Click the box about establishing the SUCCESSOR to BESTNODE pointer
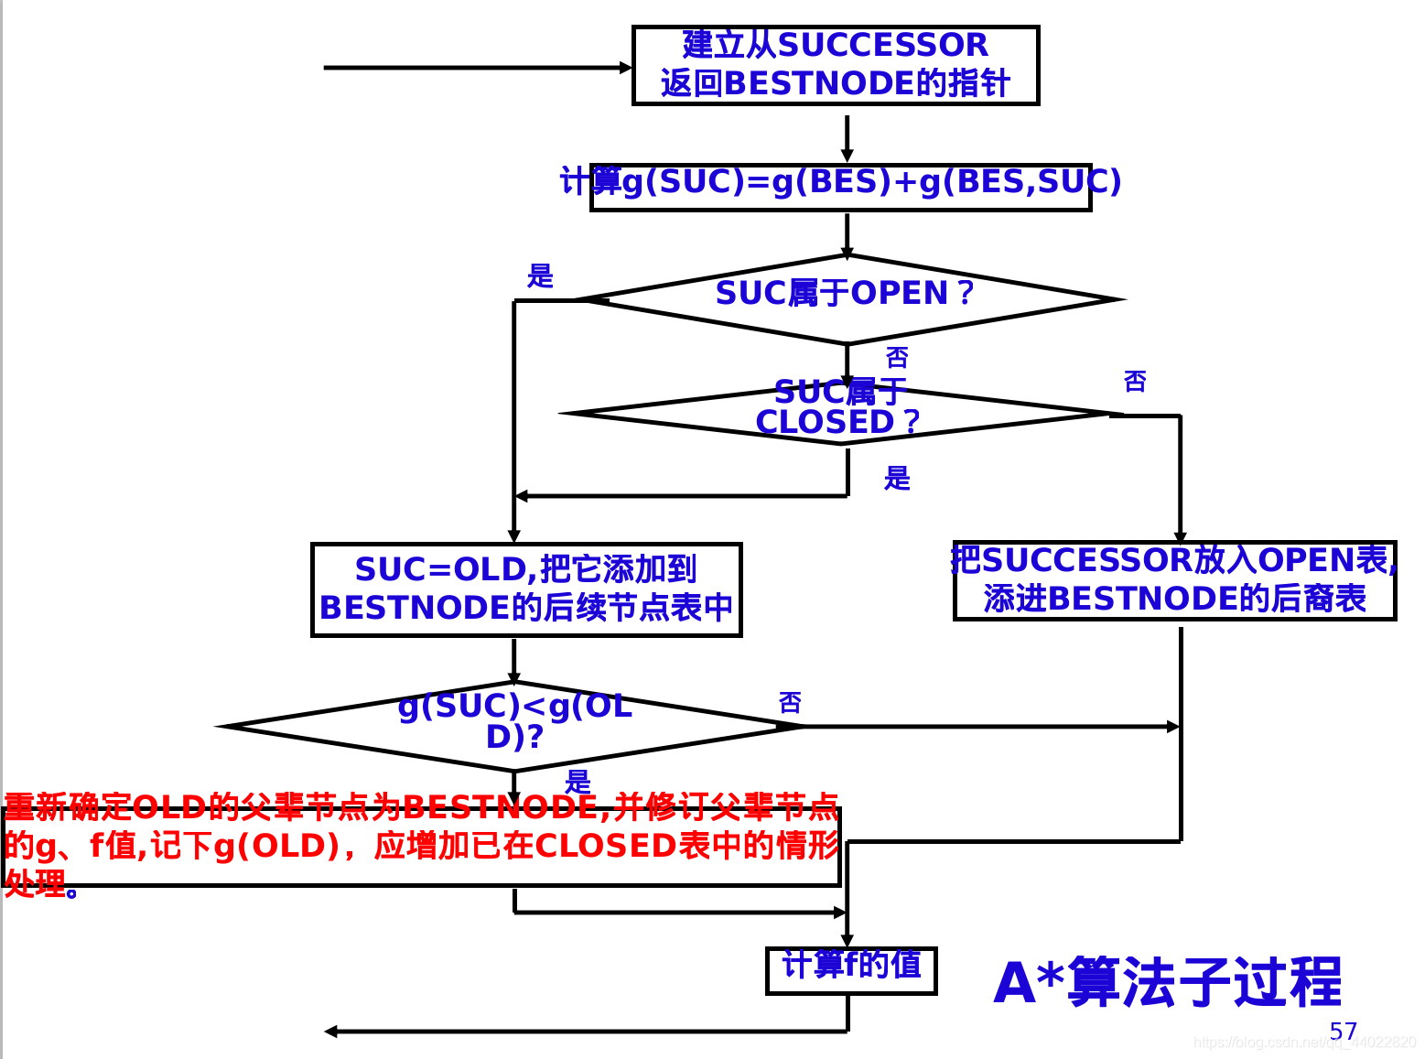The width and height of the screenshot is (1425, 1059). coord(835,66)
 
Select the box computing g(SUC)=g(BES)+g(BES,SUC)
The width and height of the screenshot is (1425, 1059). coord(840,186)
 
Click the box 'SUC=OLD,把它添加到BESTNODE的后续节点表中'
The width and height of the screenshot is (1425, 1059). coord(525,589)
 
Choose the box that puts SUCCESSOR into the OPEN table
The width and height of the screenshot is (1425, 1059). coord(1174,580)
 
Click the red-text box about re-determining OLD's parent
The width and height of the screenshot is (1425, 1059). coord(421,846)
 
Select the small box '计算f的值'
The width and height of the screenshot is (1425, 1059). coord(850,969)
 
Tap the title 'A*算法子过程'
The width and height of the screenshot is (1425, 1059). coord(1167,982)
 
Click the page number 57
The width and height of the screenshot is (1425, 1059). coord(1343,1032)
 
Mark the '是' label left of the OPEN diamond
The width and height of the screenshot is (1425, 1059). coord(540,276)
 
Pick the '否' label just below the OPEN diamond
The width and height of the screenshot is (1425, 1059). coord(897,357)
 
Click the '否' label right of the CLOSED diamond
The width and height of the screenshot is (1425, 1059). coord(1135,381)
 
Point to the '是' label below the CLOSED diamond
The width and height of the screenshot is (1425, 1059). coord(897,477)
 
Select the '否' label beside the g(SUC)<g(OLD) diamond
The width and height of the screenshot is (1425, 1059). coord(790,702)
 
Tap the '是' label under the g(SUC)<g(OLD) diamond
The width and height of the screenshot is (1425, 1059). coord(578,781)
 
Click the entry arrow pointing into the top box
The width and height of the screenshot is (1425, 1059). coord(476,68)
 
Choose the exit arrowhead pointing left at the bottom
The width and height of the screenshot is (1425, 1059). coord(331,1032)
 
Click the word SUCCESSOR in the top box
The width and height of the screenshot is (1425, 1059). coord(882,45)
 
